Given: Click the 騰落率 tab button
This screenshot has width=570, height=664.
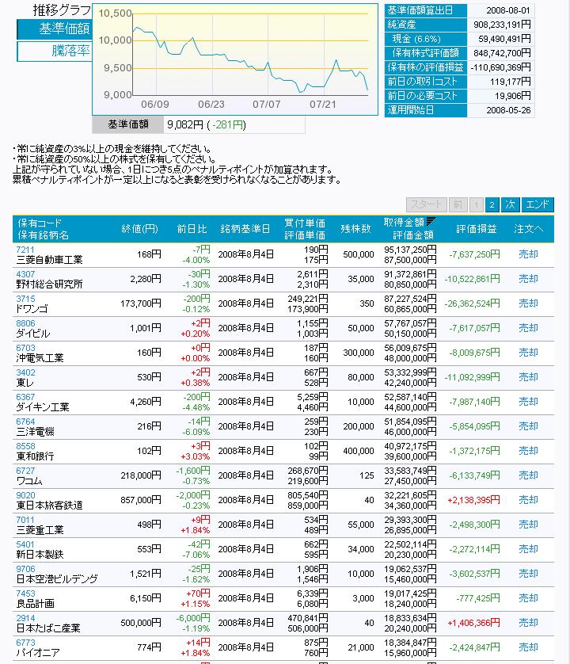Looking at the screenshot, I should (55, 51).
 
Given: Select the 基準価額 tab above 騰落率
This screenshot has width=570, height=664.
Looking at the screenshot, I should (55, 29).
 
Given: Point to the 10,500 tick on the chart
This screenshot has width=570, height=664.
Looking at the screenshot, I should (116, 13).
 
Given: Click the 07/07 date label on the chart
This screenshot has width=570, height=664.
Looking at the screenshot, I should (267, 104).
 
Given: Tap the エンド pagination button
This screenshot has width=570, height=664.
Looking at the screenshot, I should (538, 204).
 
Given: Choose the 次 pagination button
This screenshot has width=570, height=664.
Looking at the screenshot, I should (511, 204).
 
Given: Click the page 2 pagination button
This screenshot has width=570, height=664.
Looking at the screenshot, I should (492, 204).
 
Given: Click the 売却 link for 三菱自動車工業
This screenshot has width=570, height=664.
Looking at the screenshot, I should (528, 254).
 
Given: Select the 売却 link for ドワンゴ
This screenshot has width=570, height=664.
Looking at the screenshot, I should (528, 303).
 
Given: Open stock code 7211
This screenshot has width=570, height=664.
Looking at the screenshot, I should (25, 250).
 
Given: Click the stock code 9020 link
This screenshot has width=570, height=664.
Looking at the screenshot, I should (25, 495).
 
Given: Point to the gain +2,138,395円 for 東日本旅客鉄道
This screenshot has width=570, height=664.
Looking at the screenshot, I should (473, 500).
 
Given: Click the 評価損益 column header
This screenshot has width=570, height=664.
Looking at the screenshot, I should (477, 229).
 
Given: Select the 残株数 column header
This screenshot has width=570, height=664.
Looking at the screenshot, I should (356, 229).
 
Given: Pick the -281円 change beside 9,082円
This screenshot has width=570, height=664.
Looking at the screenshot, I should (228, 124).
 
